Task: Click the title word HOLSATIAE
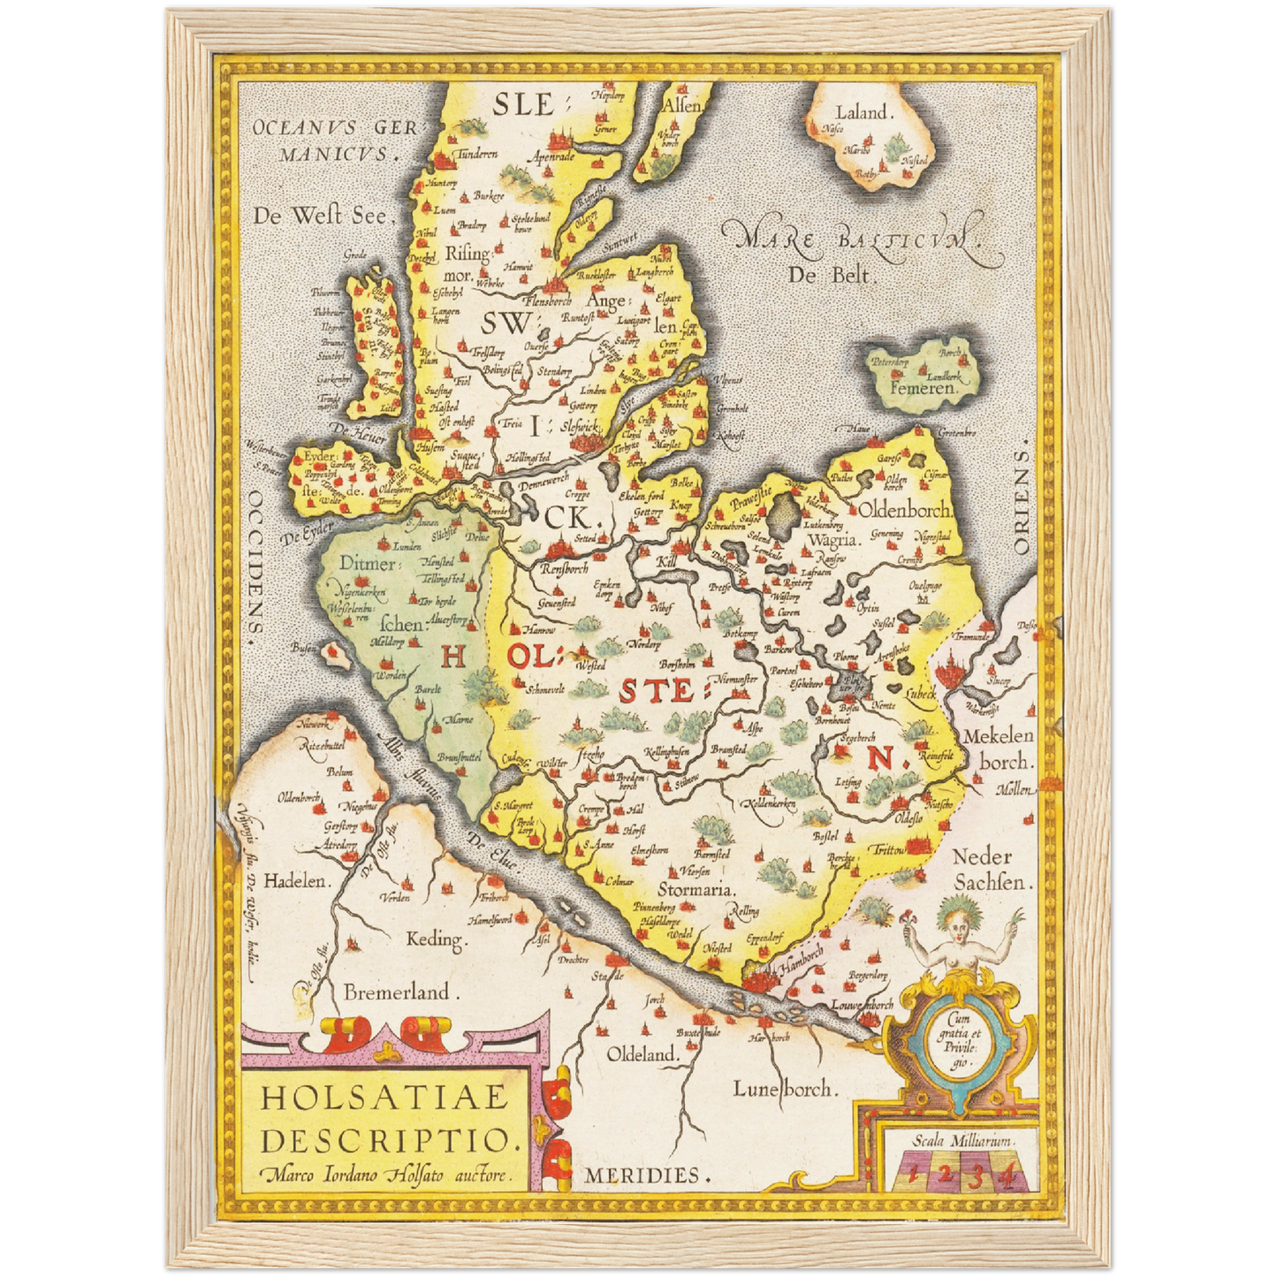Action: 385,1098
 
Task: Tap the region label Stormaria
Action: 696,889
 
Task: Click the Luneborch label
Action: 783,1089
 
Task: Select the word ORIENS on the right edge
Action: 1022,502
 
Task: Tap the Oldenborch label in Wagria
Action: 904,510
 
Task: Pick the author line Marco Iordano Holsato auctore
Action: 385,1175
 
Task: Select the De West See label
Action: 320,215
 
